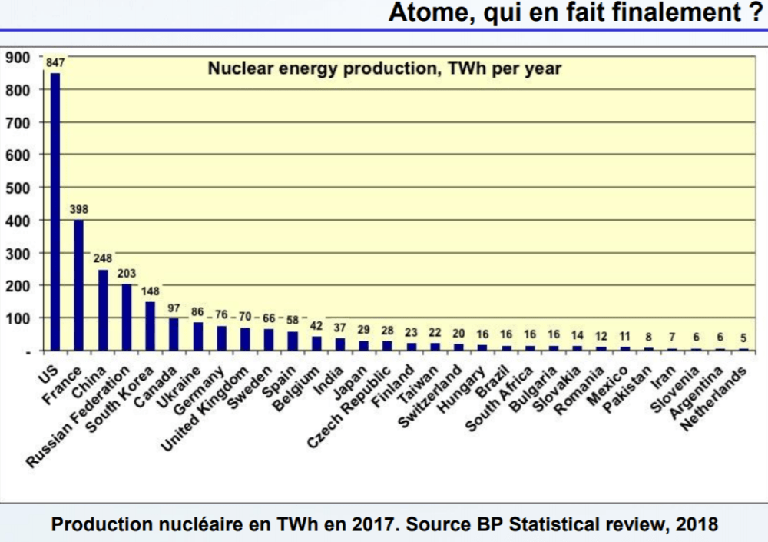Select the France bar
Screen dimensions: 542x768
[78, 285]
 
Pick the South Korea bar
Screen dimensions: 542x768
[151, 326]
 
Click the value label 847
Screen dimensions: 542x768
[55, 63]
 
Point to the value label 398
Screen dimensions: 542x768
[78, 209]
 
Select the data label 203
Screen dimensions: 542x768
[127, 273]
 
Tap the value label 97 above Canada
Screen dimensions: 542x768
[174, 308]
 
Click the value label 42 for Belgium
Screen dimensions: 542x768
[316, 325]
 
